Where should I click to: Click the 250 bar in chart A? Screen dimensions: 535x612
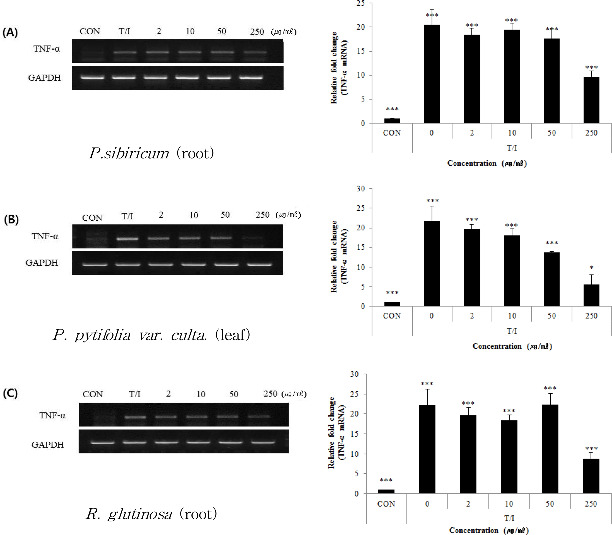[x=591, y=100]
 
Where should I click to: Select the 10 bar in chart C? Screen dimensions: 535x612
[x=509, y=457]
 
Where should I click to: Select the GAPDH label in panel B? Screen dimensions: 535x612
[x=42, y=263]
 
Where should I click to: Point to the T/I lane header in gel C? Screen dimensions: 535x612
[x=135, y=394]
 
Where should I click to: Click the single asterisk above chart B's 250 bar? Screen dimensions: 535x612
[x=591, y=267]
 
